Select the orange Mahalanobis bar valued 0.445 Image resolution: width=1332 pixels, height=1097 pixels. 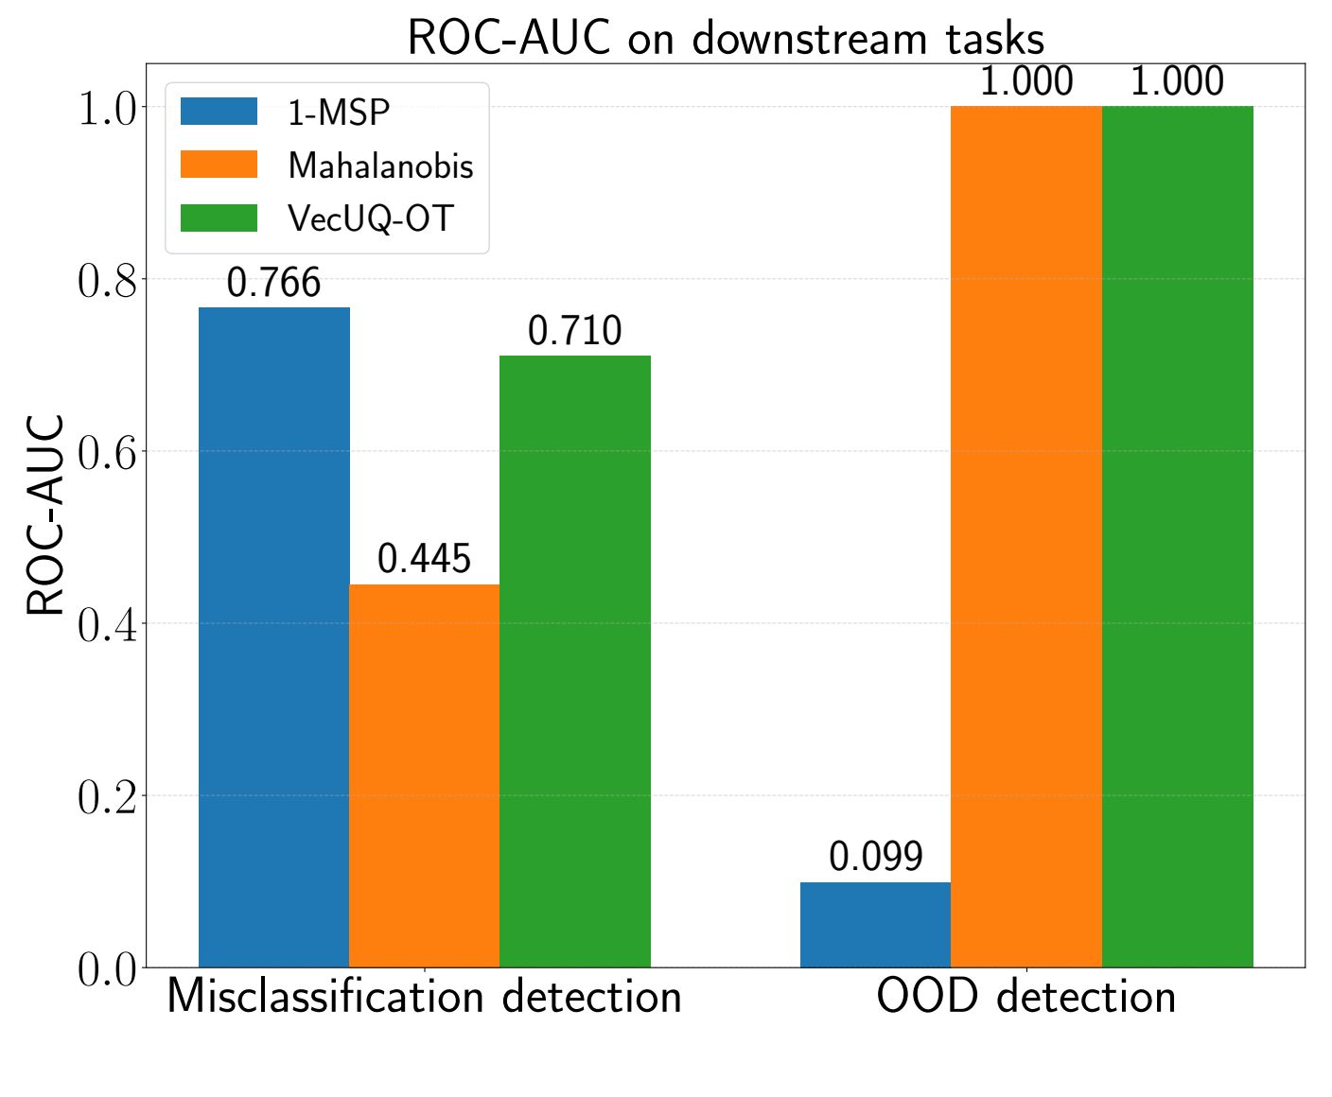(424, 775)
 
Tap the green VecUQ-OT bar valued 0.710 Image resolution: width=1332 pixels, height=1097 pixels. (575, 661)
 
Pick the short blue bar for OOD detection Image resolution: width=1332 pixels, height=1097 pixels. (875, 924)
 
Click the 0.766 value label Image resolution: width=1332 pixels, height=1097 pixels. (273, 283)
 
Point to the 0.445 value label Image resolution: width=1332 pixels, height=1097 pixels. (424, 559)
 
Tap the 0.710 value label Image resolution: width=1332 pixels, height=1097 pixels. (575, 331)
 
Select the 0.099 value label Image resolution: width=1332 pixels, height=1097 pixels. (875, 857)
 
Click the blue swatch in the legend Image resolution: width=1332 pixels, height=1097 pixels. (219, 112)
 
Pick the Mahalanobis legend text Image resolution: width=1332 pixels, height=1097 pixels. (380, 165)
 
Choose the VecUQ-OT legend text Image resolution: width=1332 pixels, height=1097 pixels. (371, 218)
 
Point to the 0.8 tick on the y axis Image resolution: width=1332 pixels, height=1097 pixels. (107, 280)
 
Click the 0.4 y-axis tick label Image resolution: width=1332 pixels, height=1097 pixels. (107, 624)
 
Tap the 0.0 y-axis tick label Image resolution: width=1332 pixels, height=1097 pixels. (107, 969)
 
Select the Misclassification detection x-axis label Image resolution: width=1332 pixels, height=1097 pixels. (424, 998)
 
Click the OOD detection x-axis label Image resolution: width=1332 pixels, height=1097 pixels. (1026, 998)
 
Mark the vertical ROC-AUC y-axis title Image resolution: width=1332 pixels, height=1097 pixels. (45, 515)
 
